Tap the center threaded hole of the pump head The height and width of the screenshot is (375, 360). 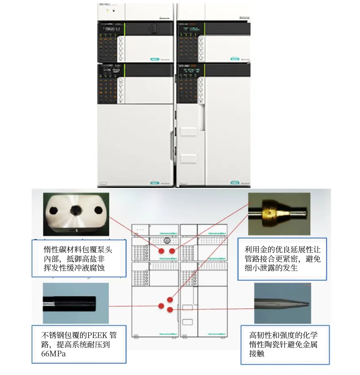75,210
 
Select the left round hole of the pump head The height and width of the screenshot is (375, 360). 54,210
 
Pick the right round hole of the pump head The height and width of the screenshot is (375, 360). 98,210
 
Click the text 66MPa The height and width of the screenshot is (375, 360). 54,354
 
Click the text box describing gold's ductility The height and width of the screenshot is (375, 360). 282,259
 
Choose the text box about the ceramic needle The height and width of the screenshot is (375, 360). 285,344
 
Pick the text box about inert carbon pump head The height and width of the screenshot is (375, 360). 79,259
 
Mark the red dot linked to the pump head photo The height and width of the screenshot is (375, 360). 161,251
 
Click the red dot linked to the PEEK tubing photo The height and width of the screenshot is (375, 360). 161,306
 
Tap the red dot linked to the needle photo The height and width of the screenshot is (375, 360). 170,310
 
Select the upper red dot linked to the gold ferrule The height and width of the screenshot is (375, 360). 172,251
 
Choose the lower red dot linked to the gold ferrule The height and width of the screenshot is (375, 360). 170,299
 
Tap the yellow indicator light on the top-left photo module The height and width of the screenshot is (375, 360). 107,10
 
